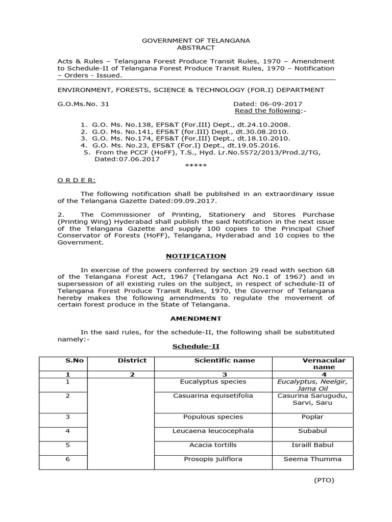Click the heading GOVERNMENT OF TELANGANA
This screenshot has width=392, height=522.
[x=196, y=40]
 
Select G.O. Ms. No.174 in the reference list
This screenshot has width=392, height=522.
[x=119, y=138]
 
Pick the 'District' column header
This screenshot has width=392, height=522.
[x=132, y=360]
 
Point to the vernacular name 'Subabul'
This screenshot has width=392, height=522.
[x=312, y=431]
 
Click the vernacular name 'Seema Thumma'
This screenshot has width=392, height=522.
[x=312, y=459]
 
